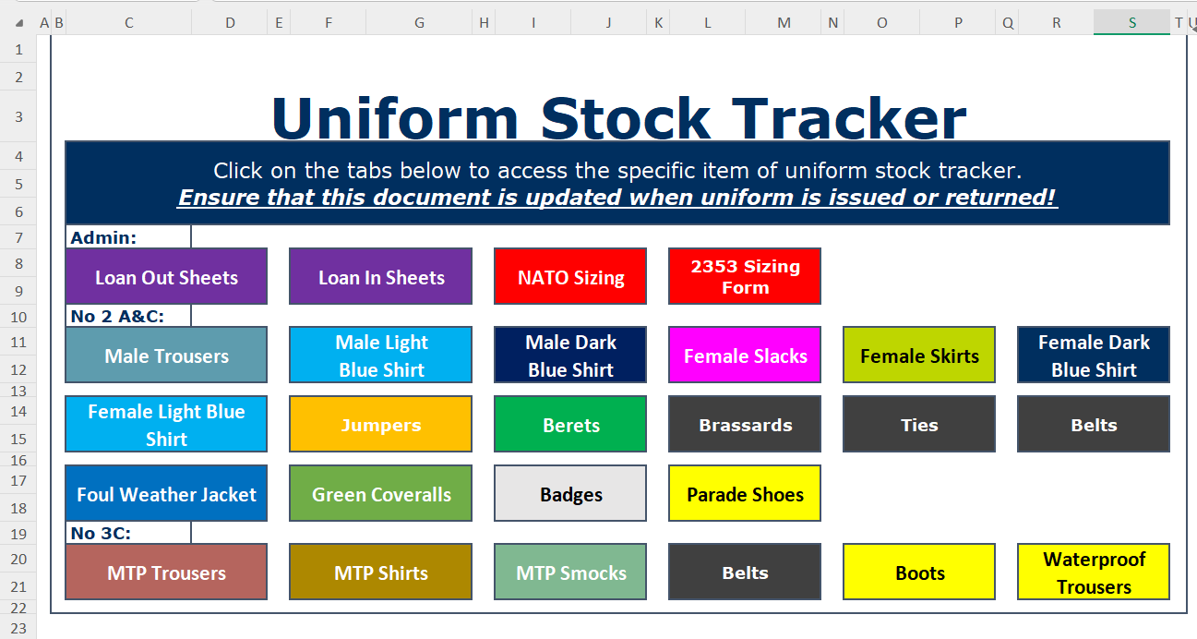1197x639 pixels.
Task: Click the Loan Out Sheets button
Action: click(166, 276)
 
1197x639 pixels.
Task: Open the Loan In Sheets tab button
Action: click(380, 276)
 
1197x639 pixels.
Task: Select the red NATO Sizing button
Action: click(570, 276)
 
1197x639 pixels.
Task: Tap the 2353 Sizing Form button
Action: click(745, 276)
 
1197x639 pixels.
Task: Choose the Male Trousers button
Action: click(166, 356)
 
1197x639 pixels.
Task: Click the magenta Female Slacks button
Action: click(745, 356)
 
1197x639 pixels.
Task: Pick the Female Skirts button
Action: click(919, 356)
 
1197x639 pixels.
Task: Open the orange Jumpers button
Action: click(380, 424)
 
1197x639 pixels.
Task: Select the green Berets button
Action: click(570, 424)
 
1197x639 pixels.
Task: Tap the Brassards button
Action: click(745, 424)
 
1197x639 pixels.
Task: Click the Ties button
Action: click(919, 424)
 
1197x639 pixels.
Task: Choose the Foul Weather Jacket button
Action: click(166, 493)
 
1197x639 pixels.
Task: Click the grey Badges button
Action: click(570, 493)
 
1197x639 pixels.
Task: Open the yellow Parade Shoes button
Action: click(745, 493)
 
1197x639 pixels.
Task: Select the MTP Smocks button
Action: click(570, 572)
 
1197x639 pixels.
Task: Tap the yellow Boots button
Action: click(919, 572)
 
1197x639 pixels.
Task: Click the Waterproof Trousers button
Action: click(1094, 572)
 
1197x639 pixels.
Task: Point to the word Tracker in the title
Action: click(848, 118)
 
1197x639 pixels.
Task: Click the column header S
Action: click(1131, 22)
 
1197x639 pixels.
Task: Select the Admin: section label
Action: click(103, 237)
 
